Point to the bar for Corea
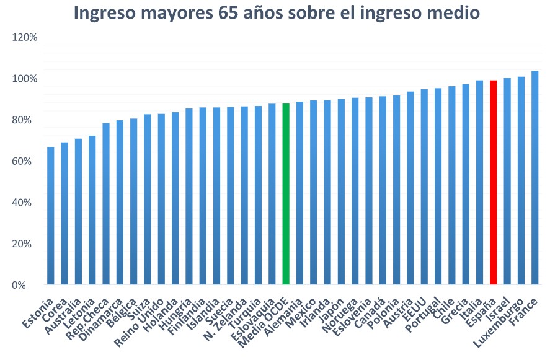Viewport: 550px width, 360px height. (x=64, y=214)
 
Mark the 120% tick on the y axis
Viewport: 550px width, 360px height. (x=25, y=38)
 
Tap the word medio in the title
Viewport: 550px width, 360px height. (x=453, y=13)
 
